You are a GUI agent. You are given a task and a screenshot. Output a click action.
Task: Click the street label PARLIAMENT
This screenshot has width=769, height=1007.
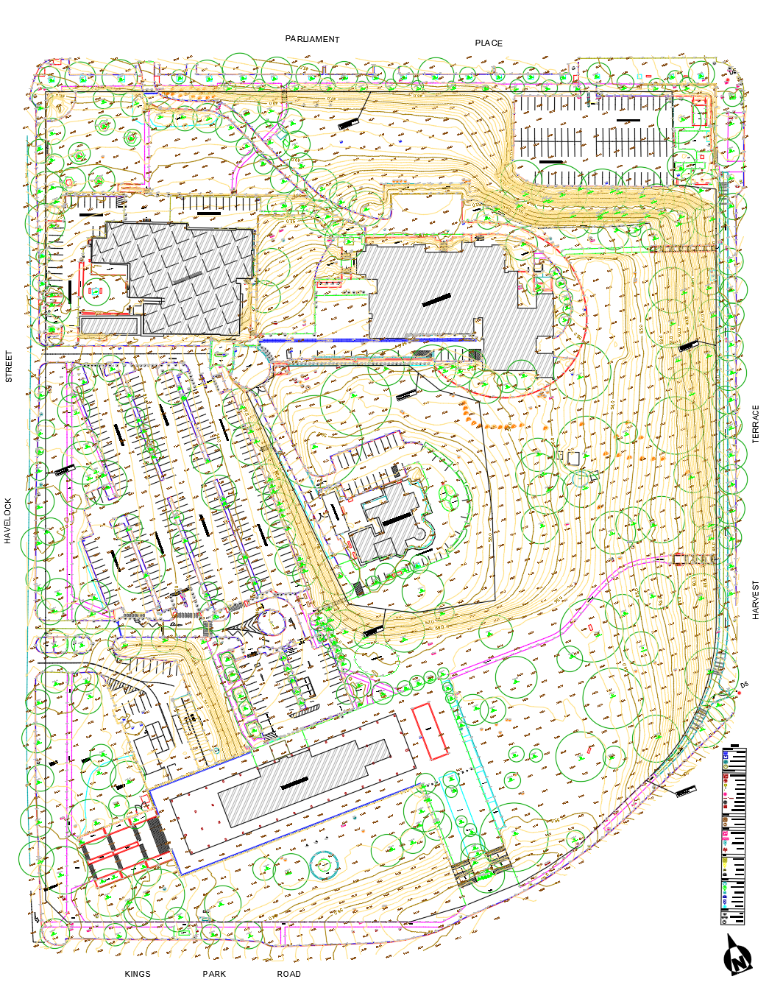312,39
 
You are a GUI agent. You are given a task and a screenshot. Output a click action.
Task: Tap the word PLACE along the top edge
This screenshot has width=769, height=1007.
489,43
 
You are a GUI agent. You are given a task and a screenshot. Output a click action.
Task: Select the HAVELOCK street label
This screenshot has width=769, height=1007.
8,521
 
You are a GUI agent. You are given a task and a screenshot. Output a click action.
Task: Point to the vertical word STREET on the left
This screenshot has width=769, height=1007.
9,367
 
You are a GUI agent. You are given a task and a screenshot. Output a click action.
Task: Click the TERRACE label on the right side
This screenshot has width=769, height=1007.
755,424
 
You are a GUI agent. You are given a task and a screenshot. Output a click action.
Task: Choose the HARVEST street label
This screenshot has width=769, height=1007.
755,600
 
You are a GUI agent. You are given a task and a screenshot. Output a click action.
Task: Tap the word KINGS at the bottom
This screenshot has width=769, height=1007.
138,974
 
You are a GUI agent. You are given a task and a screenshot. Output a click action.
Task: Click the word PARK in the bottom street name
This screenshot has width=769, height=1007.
214,974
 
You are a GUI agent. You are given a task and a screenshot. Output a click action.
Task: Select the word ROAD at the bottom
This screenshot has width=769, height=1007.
288,974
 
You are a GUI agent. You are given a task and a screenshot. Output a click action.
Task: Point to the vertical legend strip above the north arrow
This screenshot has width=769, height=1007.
733,836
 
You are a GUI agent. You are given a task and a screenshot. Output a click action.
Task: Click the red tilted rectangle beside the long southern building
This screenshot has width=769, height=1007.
430,731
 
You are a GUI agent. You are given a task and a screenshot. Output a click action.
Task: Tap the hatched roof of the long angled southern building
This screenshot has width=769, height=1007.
305,780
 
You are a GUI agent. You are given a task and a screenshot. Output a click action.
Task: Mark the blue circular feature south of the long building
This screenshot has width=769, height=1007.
322,863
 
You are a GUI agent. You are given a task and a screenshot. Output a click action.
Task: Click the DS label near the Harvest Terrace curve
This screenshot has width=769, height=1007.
744,685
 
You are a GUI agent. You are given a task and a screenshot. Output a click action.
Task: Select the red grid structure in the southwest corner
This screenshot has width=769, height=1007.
121,847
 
